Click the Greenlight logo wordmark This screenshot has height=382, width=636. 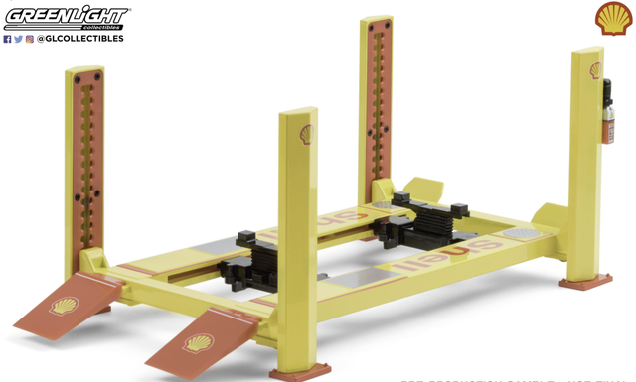(66, 16)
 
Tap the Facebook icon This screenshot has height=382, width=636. (8, 39)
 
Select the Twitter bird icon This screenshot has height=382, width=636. (19, 39)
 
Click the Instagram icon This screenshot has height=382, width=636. (30, 39)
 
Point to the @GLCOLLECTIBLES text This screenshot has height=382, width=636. (80, 39)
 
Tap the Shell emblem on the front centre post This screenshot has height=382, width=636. (306, 134)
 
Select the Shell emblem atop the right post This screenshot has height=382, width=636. (594, 70)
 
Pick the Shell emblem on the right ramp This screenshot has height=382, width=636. (197, 344)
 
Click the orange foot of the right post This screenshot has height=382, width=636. (584, 283)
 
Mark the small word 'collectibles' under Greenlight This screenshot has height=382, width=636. (110, 27)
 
